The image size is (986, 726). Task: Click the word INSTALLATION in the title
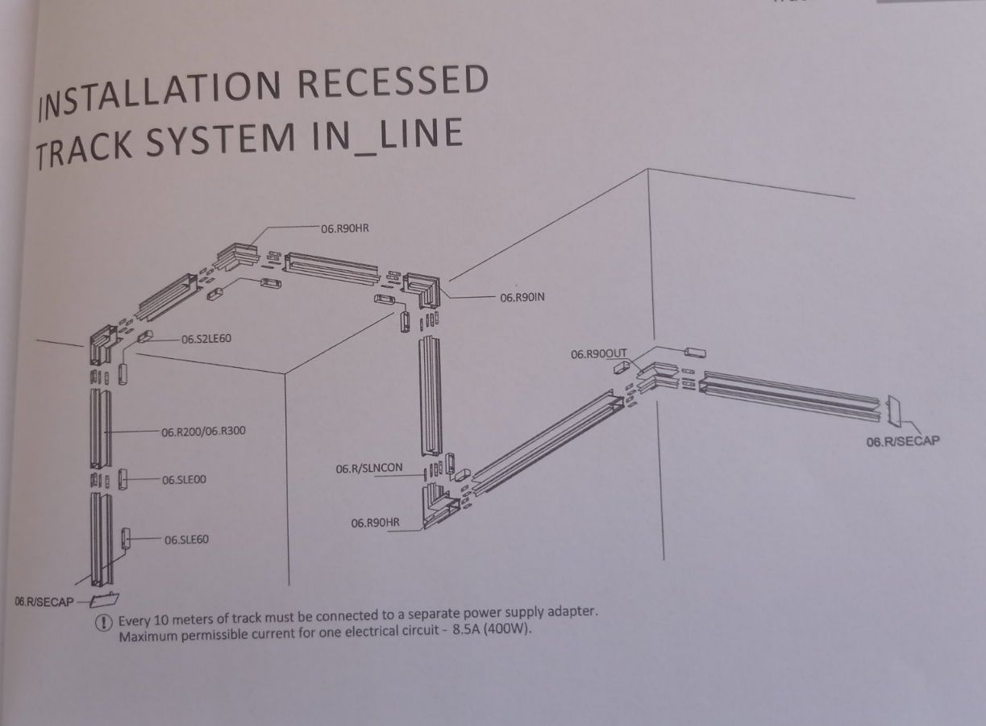(x=160, y=95)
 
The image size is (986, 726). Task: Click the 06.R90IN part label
(x=522, y=298)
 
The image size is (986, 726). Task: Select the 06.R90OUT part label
(x=599, y=354)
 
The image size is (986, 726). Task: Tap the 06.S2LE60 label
(x=206, y=339)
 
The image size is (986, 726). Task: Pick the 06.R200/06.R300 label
(x=203, y=432)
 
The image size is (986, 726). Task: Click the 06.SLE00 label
(x=184, y=479)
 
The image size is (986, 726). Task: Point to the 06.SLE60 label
(x=186, y=540)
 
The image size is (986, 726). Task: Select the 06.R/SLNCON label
(x=369, y=469)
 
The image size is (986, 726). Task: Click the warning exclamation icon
(x=104, y=623)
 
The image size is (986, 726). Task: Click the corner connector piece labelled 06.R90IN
(x=422, y=290)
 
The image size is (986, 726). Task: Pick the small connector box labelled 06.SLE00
(x=123, y=479)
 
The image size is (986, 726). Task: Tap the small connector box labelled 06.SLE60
(x=126, y=538)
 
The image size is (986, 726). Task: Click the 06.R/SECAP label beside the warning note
(x=44, y=602)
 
